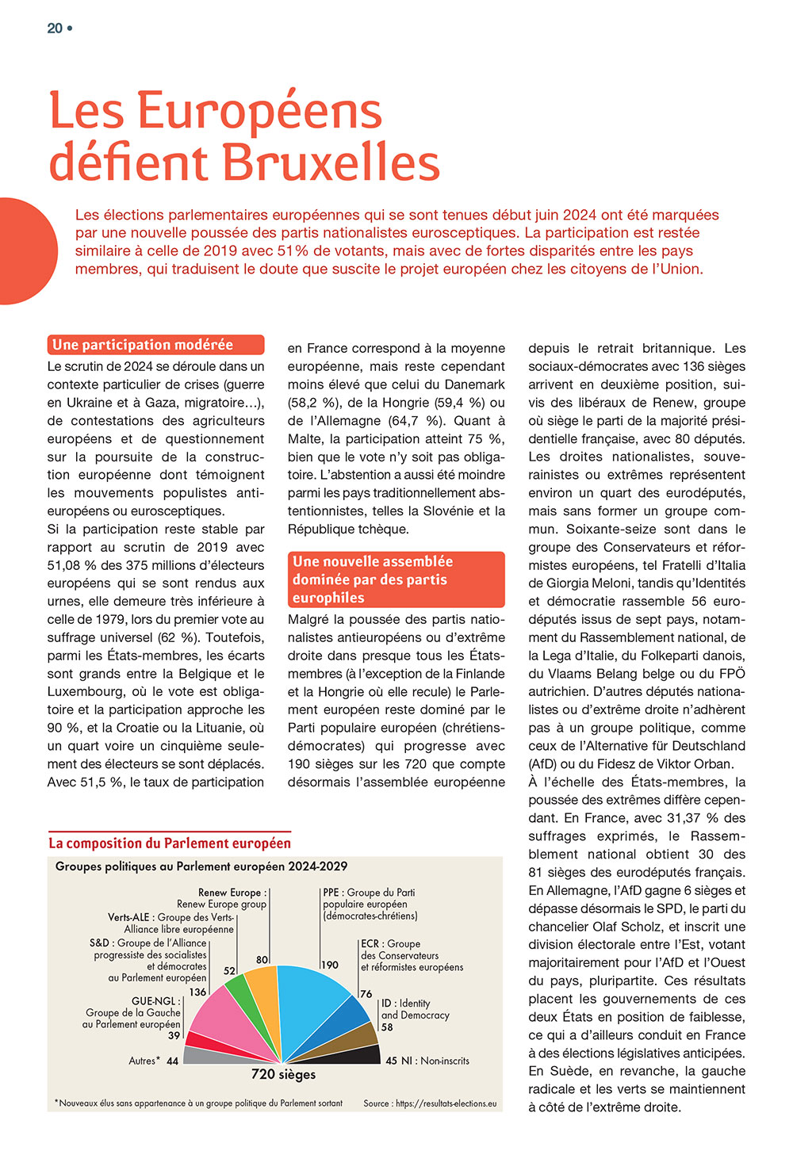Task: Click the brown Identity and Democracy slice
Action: (355, 1034)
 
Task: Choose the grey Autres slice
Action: (214, 1056)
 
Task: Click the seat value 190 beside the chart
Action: (330, 965)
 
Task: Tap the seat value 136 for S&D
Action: (197, 992)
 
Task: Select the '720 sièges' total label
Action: (283, 1075)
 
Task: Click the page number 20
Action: (55, 29)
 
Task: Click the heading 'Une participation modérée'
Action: (143, 345)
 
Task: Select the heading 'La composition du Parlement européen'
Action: (170, 843)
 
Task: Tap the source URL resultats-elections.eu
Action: (446, 1103)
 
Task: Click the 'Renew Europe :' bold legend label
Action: (232, 893)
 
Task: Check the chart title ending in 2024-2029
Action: (201, 866)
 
